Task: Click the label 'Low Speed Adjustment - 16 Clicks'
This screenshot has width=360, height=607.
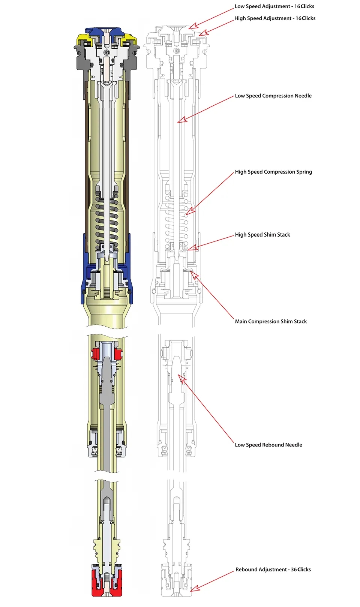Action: point(274,6)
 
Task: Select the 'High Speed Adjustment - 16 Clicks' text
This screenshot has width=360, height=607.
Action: point(274,18)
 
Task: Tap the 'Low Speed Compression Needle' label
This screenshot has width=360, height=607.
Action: point(273,96)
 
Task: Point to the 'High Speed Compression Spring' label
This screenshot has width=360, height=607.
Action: point(273,172)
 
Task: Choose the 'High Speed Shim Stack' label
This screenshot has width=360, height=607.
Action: point(262,235)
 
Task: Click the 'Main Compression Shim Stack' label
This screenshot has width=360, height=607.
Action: point(271,322)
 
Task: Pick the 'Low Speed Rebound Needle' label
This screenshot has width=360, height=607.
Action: point(268,445)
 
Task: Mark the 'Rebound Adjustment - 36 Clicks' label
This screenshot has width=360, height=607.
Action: point(273,570)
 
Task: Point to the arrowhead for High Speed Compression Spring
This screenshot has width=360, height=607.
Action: point(189,212)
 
